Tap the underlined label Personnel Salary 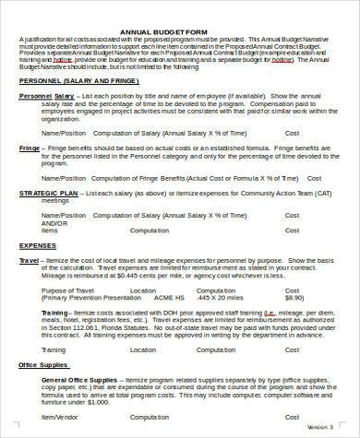click(x=42, y=95)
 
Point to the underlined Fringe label click(x=30, y=148)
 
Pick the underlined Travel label click(x=29, y=261)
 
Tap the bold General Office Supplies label click(x=82, y=380)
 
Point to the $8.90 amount click(x=294, y=297)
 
